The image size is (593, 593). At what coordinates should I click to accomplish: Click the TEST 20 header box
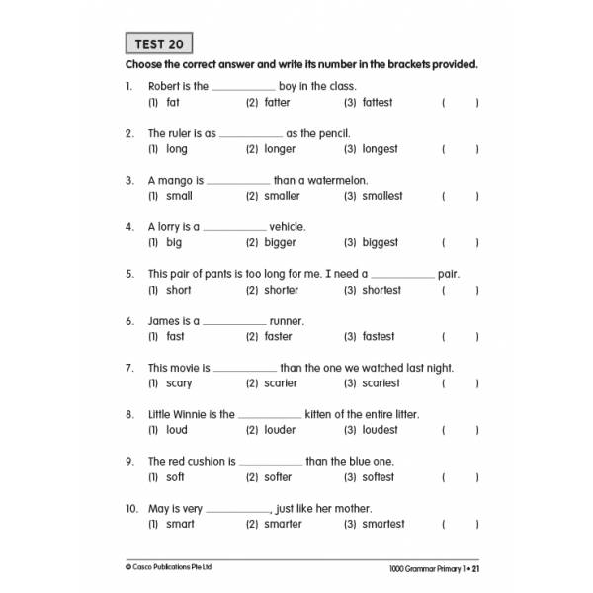pyautogui.click(x=158, y=43)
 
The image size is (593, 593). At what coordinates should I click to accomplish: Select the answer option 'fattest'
pyautogui.click(x=378, y=102)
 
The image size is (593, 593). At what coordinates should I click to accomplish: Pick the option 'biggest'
pyautogui.click(x=380, y=242)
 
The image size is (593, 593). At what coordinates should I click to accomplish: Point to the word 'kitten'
pyautogui.click(x=322, y=415)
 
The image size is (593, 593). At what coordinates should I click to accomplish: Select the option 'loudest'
pyautogui.click(x=381, y=430)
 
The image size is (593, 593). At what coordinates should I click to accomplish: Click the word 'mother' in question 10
pyautogui.click(x=350, y=509)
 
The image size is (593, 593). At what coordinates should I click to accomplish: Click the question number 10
pyautogui.click(x=131, y=509)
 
